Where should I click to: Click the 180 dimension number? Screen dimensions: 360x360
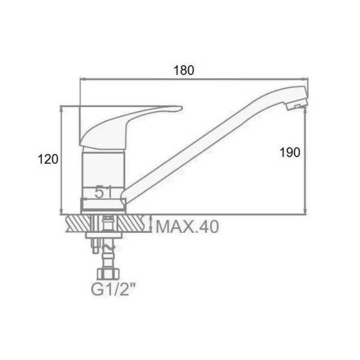click(x=184, y=70)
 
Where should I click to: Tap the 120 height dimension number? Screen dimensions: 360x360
click(x=48, y=159)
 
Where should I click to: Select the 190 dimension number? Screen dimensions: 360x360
click(x=290, y=152)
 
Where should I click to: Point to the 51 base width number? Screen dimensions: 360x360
click(x=103, y=192)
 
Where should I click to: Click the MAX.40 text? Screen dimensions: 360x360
click(x=187, y=227)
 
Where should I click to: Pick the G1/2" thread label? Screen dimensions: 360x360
click(x=113, y=290)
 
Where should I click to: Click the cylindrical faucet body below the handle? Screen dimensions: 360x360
click(x=103, y=172)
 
